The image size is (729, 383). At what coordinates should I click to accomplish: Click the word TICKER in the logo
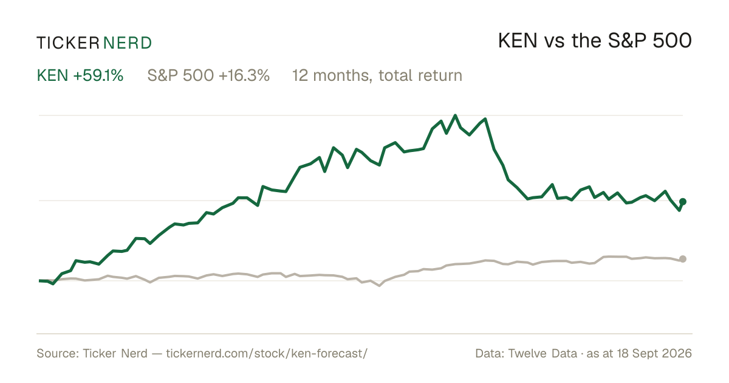point(68,43)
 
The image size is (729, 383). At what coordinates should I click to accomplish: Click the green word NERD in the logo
point(127,43)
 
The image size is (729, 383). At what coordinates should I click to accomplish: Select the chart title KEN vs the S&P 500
point(595,41)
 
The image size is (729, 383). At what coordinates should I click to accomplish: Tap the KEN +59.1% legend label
point(80,75)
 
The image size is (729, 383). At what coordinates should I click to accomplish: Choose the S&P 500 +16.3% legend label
point(208,75)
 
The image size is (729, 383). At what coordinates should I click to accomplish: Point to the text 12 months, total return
point(377,76)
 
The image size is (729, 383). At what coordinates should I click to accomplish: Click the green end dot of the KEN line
point(683,202)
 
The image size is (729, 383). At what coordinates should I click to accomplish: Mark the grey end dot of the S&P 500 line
point(683,259)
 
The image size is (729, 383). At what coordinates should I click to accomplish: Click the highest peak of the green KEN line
point(455,116)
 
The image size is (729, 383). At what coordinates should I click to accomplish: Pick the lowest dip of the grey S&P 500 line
point(379,286)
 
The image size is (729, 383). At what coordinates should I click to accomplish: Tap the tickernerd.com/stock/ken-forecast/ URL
point(267,353)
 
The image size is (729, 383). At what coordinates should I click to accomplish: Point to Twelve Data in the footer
point(542,353)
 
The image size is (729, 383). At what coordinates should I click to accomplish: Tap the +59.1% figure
point(98,75)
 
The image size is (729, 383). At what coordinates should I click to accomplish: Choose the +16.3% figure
point(244,75)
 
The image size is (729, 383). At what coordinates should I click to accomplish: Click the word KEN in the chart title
point(518,41)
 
